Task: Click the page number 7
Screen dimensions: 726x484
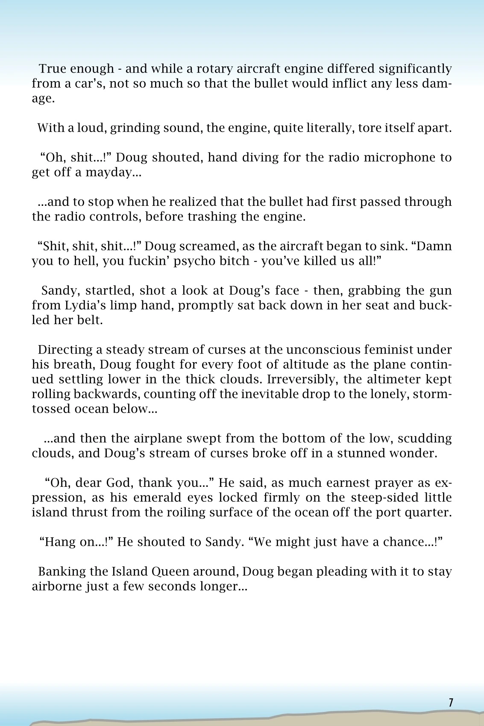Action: click(451, 702)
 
